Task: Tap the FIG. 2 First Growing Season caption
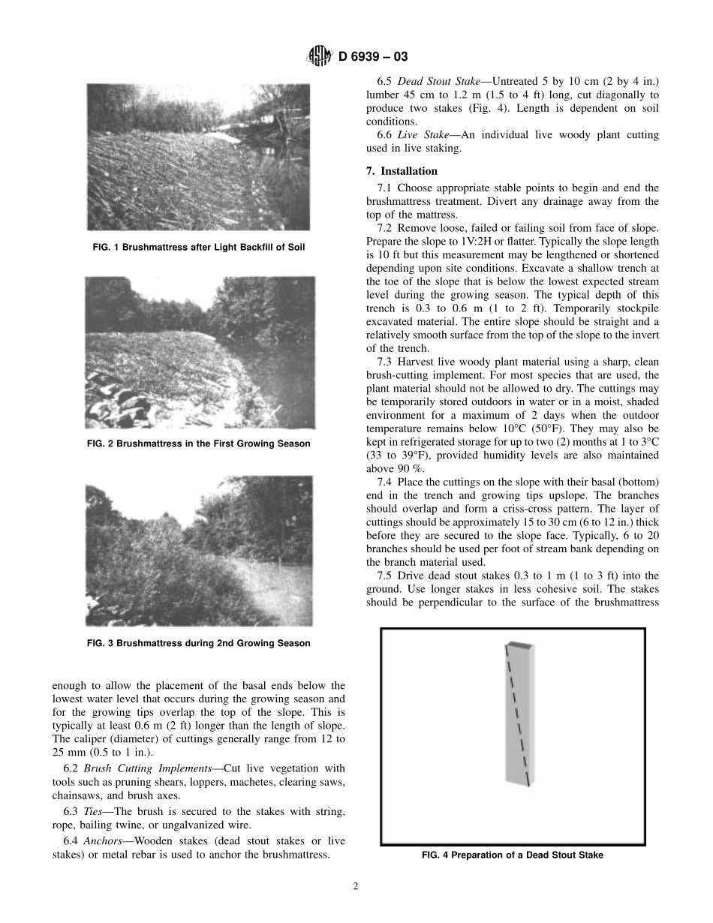tap(198, 443)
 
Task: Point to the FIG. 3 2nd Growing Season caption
tap(198, 643)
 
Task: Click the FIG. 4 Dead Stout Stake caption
tap(513, 855)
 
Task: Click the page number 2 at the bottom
tap(356, 885)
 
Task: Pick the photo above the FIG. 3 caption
tap(198, 552)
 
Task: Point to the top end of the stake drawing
tap(519, 645)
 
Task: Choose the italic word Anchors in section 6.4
tap(105, 841)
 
